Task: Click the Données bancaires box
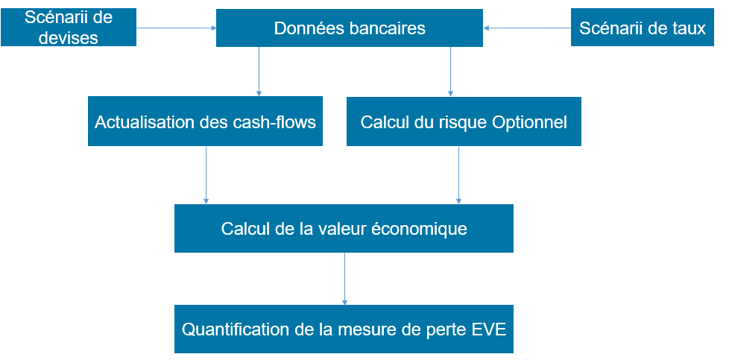click(x=349, y=28)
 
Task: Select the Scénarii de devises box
click(x=69, y=27)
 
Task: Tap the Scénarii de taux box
click(x=642, y=28)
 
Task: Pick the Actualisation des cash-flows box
click(x=205, y=121)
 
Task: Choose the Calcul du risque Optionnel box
click(x=464, y=121)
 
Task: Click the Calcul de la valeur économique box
click(x=344, y=228)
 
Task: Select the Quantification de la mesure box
click(x=344, y=329)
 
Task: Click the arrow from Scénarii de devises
click(x=176, y=28)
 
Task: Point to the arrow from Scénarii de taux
click(x=527, y=28)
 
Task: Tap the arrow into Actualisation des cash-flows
click(x=259, y=72)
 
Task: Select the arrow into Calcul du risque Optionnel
click(x=450, y=72)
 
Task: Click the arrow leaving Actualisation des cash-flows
click(x=206, y=175)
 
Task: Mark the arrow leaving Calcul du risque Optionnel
click(x=459, y=175)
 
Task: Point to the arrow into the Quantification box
click(x=344, y=279)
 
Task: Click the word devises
click(x=69, y=37)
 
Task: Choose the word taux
click(x=689, y=28)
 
